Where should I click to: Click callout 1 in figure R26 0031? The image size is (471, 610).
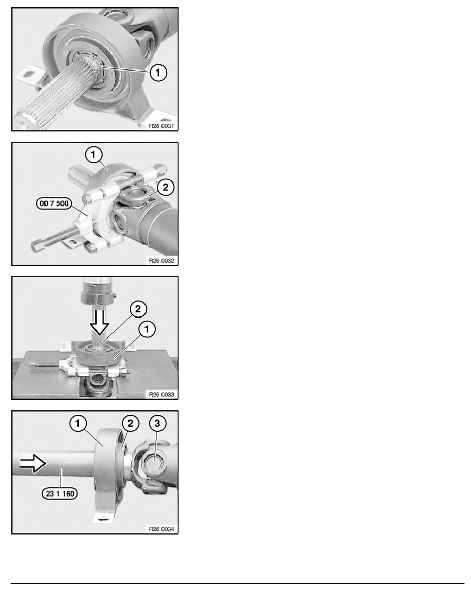tap(158, 72)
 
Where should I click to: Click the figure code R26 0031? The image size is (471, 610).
tap(162, 126)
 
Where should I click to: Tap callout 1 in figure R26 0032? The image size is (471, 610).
tap(93, 155)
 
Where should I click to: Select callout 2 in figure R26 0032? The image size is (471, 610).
tap(166, 187)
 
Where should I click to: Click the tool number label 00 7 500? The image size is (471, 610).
tap(54, 203)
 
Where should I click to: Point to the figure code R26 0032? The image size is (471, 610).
tap(162, 261)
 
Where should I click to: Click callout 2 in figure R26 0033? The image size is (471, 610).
tap(138, 309)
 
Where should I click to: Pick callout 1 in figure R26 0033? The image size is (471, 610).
tap(147, 329)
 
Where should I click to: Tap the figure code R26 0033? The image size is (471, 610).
tap(162, 394)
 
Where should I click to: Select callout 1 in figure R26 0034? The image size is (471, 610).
tap(78, 423)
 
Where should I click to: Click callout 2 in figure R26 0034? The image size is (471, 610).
tap(130, 423)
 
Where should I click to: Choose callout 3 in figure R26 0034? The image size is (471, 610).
tap(158, 423)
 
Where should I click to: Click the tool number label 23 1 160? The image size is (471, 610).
tap(60, 493)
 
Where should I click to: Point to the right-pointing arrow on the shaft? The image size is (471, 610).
tap(33, 463)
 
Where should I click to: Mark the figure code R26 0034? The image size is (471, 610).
tap(162, 529)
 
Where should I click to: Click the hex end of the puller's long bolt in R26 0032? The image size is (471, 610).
tap(37, 246)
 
